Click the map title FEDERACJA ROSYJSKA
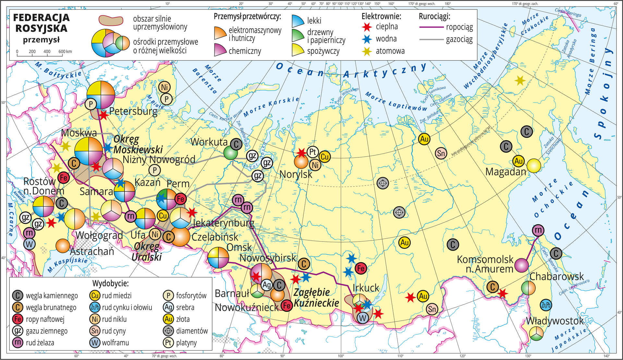41,23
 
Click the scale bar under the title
40,56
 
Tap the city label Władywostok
555,321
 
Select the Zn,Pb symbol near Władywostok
546,305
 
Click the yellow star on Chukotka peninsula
520,80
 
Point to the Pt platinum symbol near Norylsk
313,152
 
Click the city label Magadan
506,172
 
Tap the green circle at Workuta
231,153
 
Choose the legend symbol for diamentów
168,331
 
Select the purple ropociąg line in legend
431,27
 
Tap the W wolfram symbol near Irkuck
363,317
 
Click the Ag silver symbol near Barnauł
267,285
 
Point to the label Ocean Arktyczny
350,71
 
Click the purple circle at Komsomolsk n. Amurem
521,265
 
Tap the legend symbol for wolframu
94,342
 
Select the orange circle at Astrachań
63,246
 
